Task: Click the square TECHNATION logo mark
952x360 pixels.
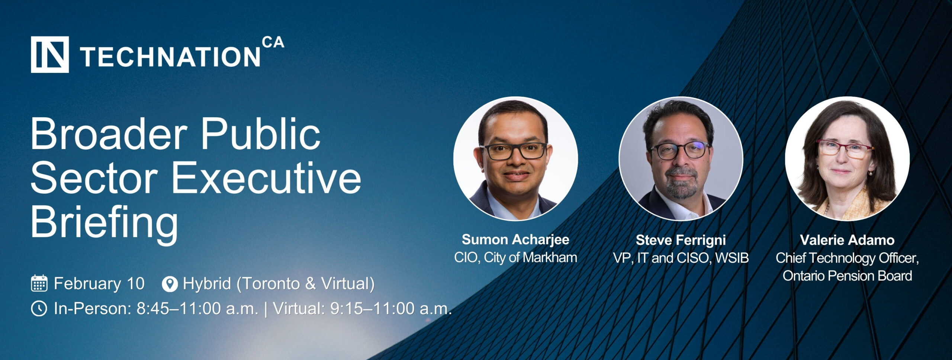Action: click(x=50, y=55)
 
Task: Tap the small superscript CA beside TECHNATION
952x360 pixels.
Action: click(x=273, y=43)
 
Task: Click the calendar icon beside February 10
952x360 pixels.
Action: click(x=39, y=283)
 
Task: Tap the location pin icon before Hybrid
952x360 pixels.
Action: click(x=170, y=284)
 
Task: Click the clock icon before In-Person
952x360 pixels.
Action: click(x=39, y=309)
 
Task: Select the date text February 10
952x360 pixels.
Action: click(x=99, y=283)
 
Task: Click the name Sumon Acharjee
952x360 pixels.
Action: click(x=515, y=240)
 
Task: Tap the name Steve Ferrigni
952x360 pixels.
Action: click(x=681, y=240)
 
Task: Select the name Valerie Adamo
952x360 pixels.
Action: click(x=847, y=240)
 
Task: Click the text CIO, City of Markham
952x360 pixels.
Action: click(x=515, y=257)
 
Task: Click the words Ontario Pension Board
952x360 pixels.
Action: click(x=847, y=276)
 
